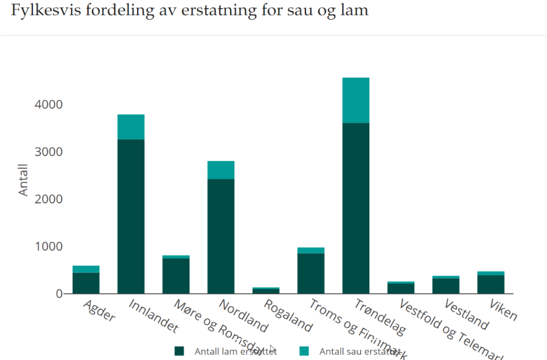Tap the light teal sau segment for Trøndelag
(x=356, y=100)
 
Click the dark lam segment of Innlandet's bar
(x=131, y=216)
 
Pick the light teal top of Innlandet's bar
(x=131, y=127)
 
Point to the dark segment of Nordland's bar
(x=221, y=236)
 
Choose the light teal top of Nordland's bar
(x=221, y=170)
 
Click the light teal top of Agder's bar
(x=86, y=269)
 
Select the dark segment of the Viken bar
(x=491, y=284)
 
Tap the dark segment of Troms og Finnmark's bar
(x=311, y=273)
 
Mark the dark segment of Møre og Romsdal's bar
(x=176, y=276)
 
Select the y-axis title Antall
(x=23, y=180)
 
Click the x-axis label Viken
(x=503, y=309)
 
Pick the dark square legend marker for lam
(x=179, y=351)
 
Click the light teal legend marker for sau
(x=304, y=351)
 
